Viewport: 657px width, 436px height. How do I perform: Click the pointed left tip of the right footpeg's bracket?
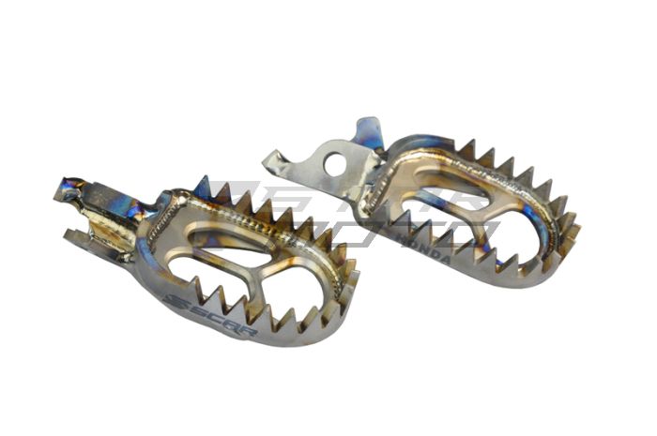pos(267,162)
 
